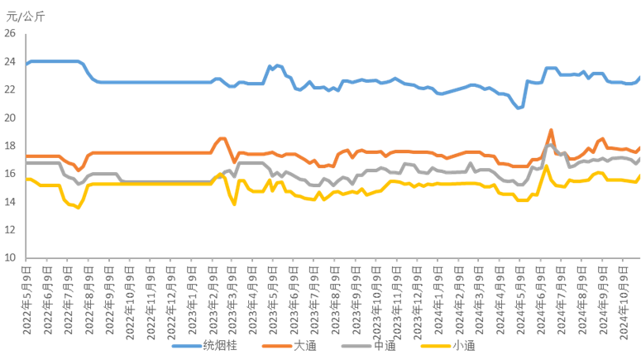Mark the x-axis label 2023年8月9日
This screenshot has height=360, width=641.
[337, 290]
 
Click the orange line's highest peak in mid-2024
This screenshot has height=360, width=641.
[551, 129]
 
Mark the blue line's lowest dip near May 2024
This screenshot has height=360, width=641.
[519, 108]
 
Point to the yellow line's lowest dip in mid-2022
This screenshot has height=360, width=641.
[79, 208]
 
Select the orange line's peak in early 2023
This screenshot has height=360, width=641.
[222, 138]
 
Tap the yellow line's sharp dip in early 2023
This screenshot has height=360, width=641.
[235, 204]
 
